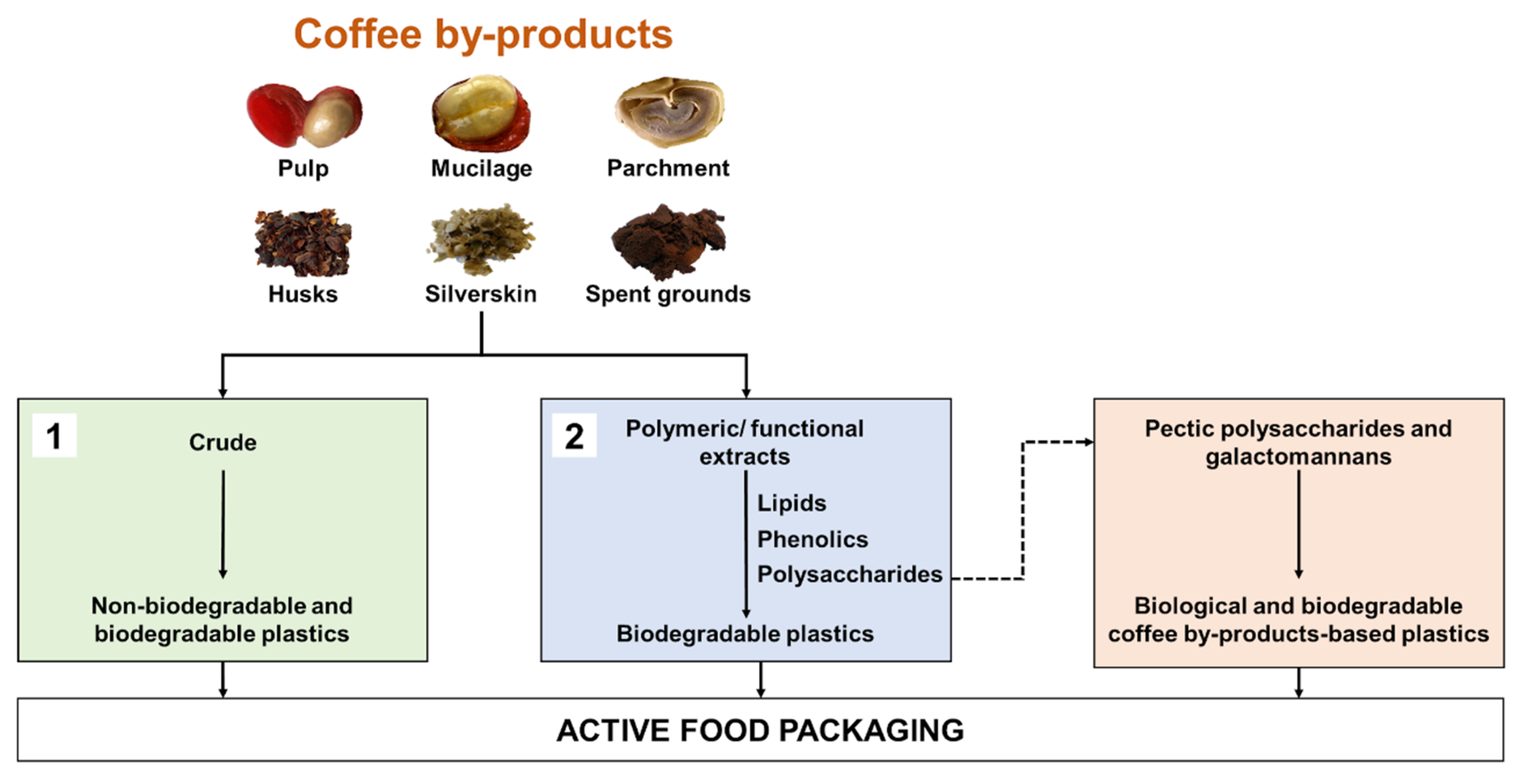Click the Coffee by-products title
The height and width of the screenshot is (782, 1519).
click(x=483, y=34)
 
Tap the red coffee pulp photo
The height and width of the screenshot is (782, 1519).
click(x=304, y=115)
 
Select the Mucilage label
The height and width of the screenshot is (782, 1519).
click(x=481, y=169)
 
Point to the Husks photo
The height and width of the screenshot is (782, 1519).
click(x=303, y=242)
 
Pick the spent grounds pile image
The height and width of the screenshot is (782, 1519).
click(x=668, y=241)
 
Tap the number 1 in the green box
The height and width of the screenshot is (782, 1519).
click(x=54, y=436)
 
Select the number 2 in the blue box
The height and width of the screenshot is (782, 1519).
click(x=574, y=436)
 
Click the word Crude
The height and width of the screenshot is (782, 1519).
click(x=223, y=442)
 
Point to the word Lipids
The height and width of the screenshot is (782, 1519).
click(x=791, y=503)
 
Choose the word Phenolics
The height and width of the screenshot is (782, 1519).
click(x=812, y=539)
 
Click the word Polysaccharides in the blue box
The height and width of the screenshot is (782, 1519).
click(x=849, y=574)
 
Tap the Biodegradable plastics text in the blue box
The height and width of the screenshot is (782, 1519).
click(x=745, y=634)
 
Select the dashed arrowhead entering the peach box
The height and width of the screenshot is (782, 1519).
click(x=1087, y=442)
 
